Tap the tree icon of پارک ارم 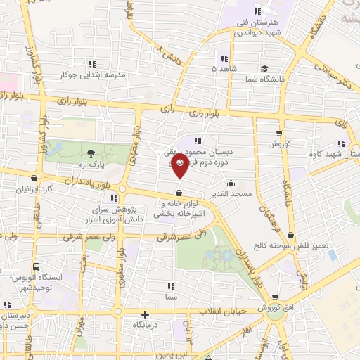90,153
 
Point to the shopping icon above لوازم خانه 179,193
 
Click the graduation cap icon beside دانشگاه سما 264,69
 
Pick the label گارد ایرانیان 37,190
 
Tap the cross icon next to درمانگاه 145,316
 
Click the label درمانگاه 145,326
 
